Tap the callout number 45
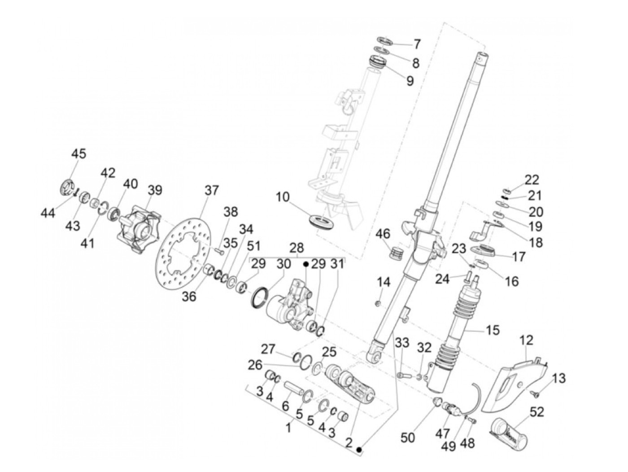78,153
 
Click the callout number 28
297,248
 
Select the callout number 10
283,197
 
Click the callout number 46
383,234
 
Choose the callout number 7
417,44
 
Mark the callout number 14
384,282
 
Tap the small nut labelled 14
378,303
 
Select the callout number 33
402,343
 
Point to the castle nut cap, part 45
68,187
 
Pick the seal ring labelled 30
259,298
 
